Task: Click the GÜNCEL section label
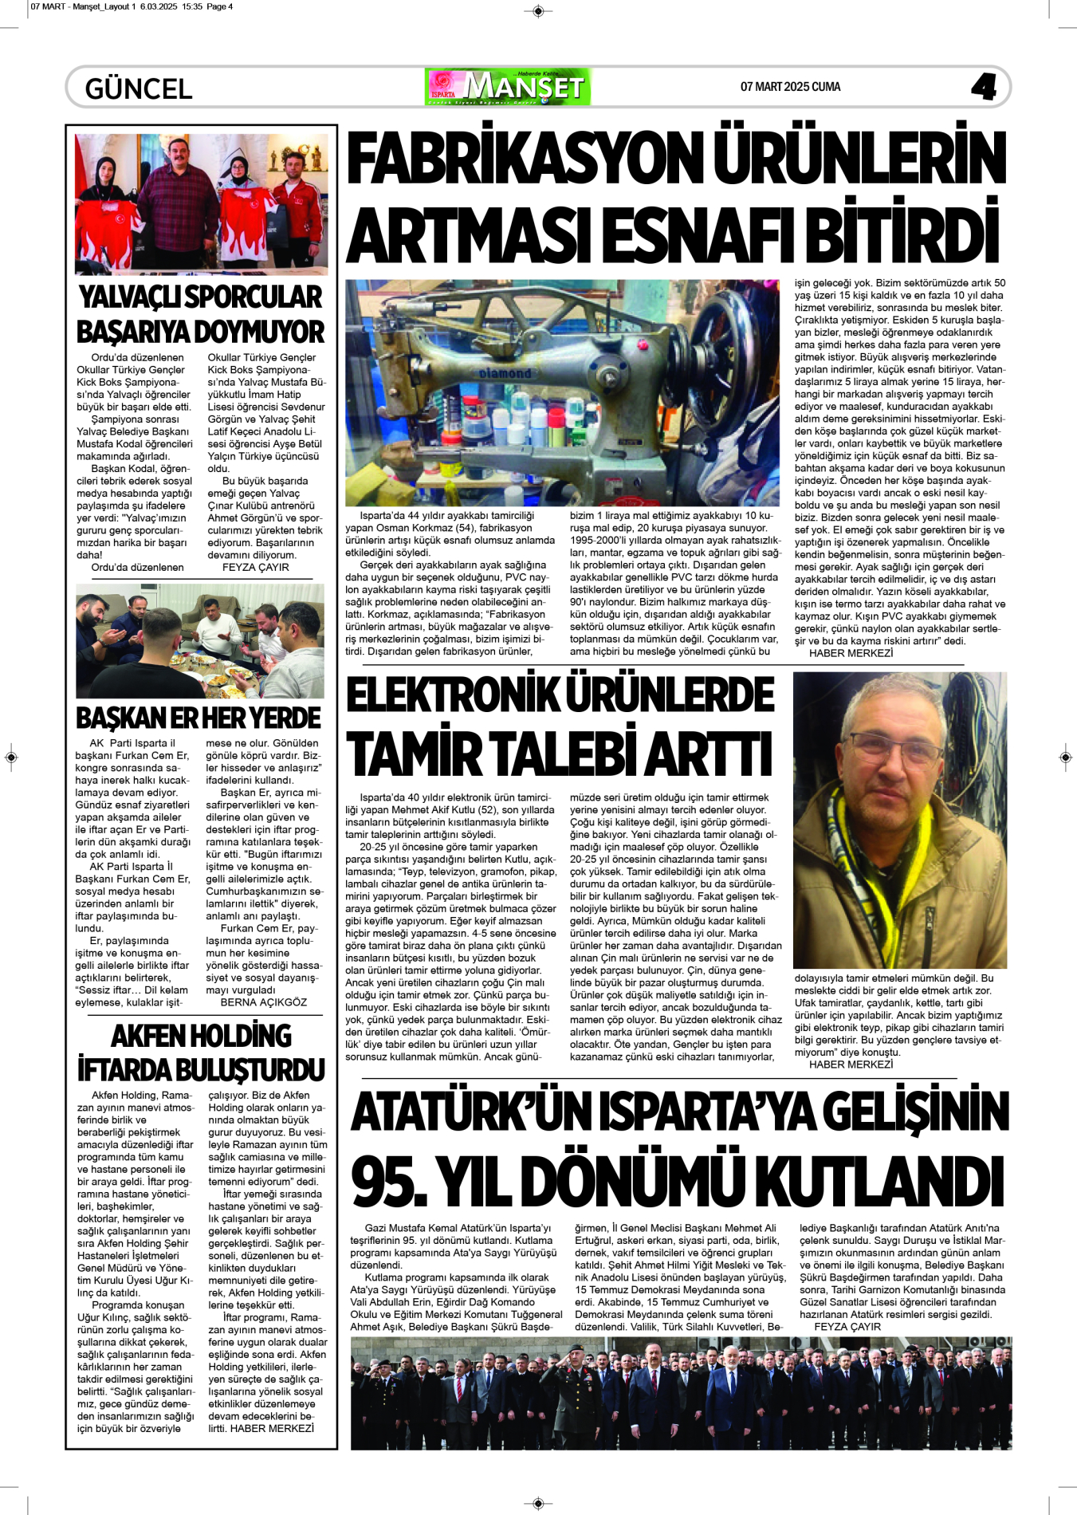pos(139,88)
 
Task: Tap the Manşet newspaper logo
pos(508,86)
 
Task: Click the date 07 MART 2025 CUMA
pos(790,87)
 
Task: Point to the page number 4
pos(984,87)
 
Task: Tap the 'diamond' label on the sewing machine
pos(505,373)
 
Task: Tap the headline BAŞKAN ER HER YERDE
pos(198,718)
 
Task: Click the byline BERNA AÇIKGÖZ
pos(263,1002)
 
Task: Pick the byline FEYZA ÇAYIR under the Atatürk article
pos(847,1327)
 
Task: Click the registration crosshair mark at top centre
pos(538,10)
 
